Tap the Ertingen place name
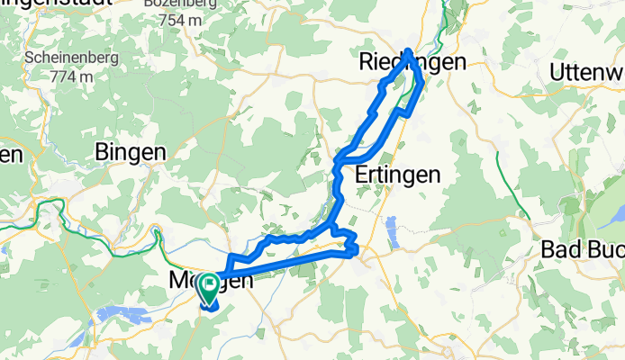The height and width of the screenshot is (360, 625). click(x=397, y=174)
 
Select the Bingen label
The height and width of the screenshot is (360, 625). click(x=131, y=152)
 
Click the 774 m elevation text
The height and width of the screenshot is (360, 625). click(x=72, y=76)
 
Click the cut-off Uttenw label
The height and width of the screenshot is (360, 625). click(x=586, y=70)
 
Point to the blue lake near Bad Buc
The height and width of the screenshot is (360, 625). click(x=602, y=215)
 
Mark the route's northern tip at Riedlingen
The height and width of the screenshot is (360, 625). click(x=409, y=51)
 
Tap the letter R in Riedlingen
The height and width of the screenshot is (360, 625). click(x=366, y=62)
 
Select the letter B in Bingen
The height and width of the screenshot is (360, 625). click(x=102, y=152)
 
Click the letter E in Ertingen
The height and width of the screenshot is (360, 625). click(x=362, y=174)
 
